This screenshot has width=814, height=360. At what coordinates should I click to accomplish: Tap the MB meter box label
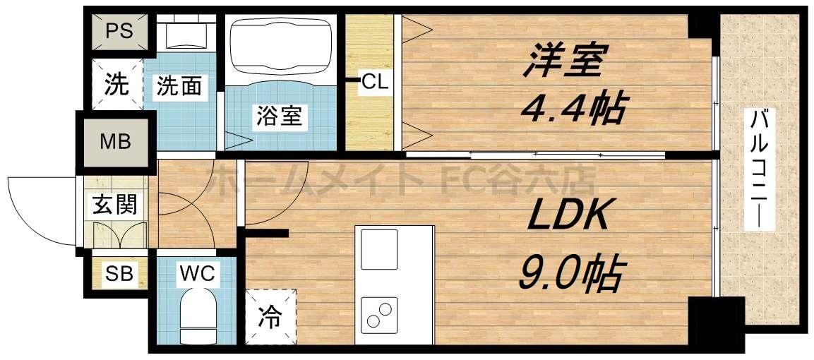[x=115, y=142]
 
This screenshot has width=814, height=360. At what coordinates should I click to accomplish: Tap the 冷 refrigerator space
[x=270, y=318]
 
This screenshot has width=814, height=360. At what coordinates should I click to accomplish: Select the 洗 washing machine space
[x=117, y=85]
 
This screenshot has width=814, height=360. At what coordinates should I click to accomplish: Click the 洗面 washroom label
[x=180, y=86]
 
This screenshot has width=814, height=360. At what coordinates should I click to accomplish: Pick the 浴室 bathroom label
[x=279, y=116]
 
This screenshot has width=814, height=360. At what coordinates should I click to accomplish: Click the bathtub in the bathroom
[x=280, y=46]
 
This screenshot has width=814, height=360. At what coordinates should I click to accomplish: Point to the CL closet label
[x=374, y=82]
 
